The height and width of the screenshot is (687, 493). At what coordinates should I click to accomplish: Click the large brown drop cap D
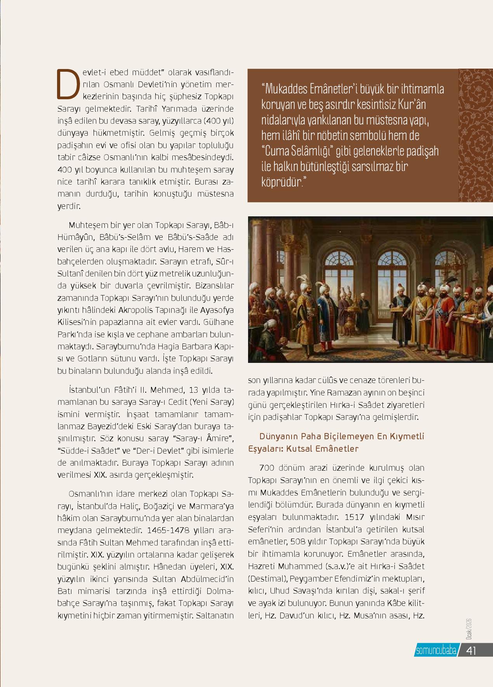(x=65, y=84)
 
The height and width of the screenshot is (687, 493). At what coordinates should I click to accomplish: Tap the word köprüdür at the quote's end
(x=281, y=181)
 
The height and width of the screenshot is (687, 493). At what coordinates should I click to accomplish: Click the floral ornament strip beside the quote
(x=476, y=135)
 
